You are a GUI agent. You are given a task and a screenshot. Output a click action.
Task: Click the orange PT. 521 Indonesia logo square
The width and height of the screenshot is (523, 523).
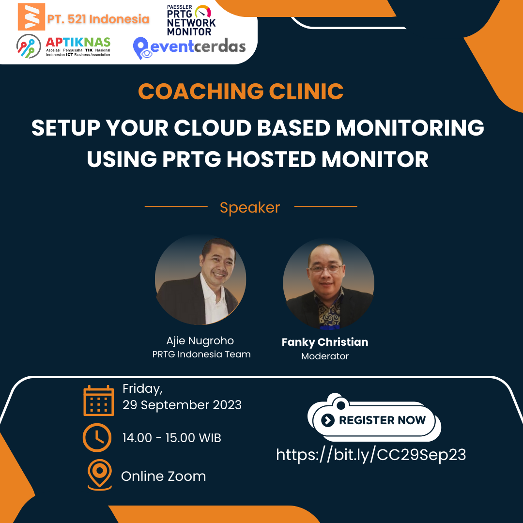click(x=31, y=16)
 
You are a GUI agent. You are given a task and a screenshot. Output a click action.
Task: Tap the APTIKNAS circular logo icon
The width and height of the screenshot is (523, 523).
click(x=29, y=46)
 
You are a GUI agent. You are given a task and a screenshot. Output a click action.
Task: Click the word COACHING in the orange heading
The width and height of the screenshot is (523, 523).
click(x=201, y=91)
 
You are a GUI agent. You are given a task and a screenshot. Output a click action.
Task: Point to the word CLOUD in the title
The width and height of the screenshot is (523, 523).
click(x=213, y=127)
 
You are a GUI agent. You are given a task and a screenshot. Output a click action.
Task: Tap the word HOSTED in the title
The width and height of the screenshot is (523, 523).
click(x=271, y=159)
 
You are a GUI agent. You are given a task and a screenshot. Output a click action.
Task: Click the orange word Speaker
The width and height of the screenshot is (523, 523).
click(x=250, y=207)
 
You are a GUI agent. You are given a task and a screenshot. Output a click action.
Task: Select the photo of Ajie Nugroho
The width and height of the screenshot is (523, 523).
click(x=200, y=279)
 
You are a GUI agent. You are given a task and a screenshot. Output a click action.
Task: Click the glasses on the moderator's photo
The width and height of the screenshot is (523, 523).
click(x=325, y=268)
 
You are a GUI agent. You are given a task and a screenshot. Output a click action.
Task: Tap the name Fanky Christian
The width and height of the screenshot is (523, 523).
click(x=325, y=342)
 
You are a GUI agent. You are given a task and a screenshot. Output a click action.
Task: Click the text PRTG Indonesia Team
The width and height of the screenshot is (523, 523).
click(x=201, y=354)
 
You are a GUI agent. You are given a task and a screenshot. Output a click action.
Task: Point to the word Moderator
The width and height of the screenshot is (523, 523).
click(x=325, y=356)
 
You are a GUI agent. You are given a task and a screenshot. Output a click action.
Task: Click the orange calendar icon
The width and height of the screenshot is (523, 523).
click(x=98, y=400)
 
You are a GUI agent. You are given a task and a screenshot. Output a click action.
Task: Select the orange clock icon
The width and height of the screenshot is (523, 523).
click(x=97, y=438)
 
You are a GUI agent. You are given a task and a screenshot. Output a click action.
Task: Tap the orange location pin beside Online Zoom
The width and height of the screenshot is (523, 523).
click(x=99, y=475)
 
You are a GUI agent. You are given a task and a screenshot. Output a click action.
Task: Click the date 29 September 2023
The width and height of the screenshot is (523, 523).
click(x=182, y=405)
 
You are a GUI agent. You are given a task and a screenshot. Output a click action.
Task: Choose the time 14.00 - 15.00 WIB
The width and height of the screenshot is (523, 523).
click(x=172, y=438)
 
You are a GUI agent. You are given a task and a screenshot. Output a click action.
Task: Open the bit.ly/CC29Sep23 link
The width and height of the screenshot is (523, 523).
click(x=371, y=455)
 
